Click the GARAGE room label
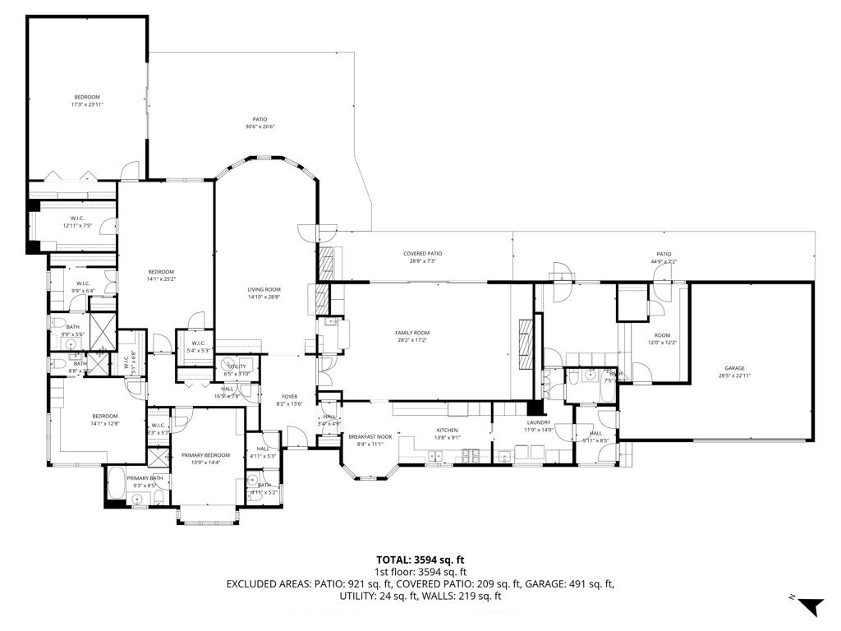coord(734,368)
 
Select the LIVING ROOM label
coord(264,289)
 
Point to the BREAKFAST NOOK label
coord(365,436)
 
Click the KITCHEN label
coord(447,430)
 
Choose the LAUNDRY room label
coord(538,422)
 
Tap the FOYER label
coord(289,396)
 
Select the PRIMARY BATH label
coord(145,478)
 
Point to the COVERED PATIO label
coord(423,254)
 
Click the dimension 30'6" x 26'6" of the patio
coord(260,127)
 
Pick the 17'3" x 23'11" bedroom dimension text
coord(87,104)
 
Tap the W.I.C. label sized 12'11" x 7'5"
coord(78,225)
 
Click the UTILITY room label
coord(237,366)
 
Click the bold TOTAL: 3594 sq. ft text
coord(420,560)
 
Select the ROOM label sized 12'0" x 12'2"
coord(662,335)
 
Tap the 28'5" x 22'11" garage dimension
coord(734,375)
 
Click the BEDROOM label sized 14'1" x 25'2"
coord(161,272)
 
